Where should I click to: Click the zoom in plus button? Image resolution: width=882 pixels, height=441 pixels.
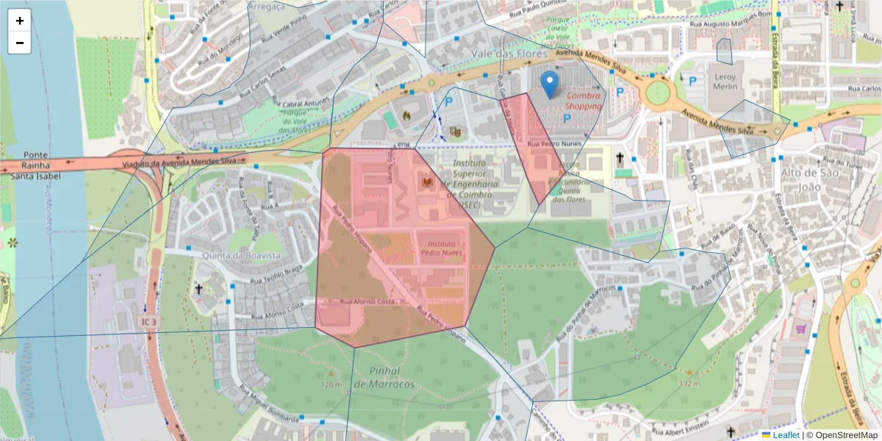point(20,21)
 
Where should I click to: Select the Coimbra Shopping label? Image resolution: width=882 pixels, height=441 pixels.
point(583,101)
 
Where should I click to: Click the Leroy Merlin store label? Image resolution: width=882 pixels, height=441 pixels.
point(725,82)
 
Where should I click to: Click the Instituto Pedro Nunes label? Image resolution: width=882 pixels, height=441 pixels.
point(440,248)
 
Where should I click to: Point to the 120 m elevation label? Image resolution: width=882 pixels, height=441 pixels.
point(331,384)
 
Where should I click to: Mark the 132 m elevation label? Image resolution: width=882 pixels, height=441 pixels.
point(689,384)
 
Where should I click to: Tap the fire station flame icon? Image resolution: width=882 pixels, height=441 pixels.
point(406,115)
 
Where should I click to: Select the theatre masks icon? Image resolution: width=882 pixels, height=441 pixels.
point(455,131)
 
